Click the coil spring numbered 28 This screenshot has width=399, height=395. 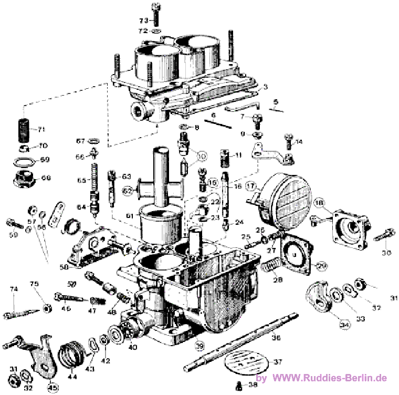(x=269, y=273)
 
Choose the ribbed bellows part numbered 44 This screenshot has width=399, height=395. (x=71, y=356)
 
